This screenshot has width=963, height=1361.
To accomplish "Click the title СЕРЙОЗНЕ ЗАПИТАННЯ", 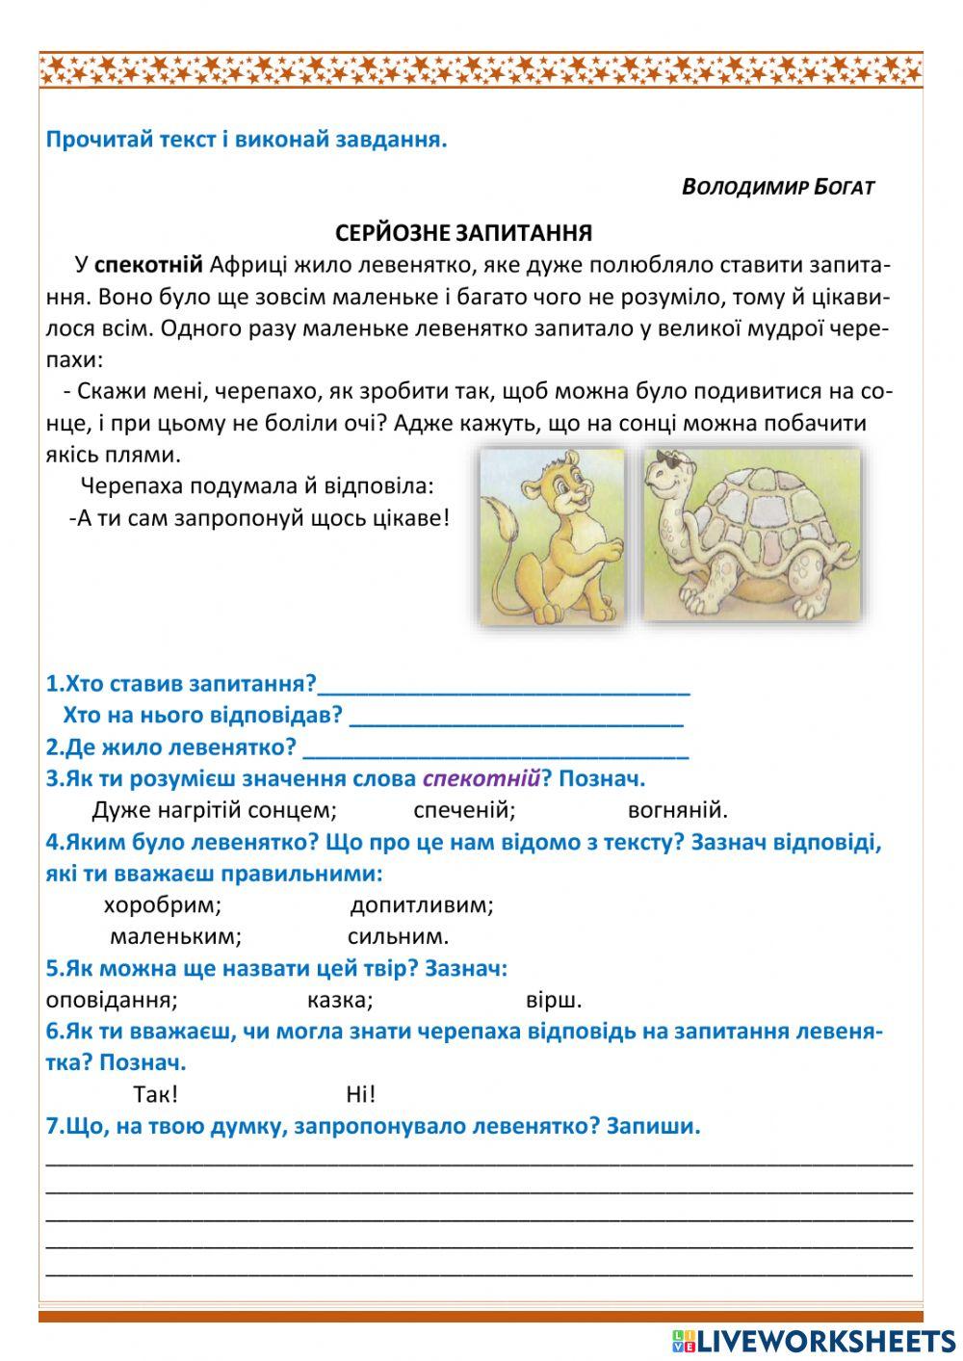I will [x=463, y=233].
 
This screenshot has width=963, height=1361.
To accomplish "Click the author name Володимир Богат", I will [x=777, y=187].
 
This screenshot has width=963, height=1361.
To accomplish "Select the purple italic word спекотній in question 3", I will [x=481, y=778].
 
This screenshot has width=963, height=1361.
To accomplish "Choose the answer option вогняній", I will [x=677, y=810].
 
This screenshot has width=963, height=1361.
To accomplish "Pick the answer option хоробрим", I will [x=162, y=905].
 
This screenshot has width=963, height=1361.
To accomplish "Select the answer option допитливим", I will [x=421, y=905].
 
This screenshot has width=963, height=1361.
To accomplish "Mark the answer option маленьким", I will [x=175, y=936].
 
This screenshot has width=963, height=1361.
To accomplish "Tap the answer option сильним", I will [x=398, y=936].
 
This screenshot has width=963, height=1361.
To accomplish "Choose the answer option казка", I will [x=340, y=1000].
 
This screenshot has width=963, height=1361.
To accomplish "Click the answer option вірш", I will [x=554, y=1000].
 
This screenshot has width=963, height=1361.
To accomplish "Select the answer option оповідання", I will [x=112, y=1000].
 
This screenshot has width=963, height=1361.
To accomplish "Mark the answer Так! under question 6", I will [x=155, y=1094].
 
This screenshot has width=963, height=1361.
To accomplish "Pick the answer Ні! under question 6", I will [x=360, y=1094].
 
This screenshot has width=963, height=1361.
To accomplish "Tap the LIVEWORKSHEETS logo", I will [x=814, y=1340].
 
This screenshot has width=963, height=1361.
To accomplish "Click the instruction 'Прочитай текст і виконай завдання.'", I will [x=247, y=140].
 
